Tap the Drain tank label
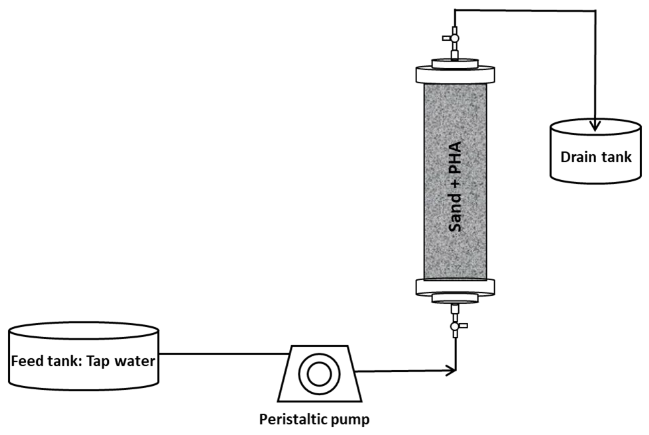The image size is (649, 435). pyautogui.click(x=596, y=157)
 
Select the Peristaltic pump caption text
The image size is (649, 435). pyautogui.click(x=314, y=419)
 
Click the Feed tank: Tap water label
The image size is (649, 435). pyautogui.click(x=83, y=361)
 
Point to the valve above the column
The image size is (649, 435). pyautogui.click(x=455, y=38)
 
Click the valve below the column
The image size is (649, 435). pyautogui.click(x=455, y=326)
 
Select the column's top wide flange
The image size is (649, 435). pyautogui.click(x=455, y=75)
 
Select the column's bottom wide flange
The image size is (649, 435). pyautogui.click(x=455, y=287)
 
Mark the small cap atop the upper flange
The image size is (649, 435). pyautogui.click(x=455, y=63)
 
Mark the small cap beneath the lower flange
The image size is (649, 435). pyautogui.click(x=455, y=298)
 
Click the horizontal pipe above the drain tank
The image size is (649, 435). pyautogui.click(x=525, y=11)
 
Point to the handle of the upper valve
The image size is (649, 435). pyautogui.click(x=446, y=38)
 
